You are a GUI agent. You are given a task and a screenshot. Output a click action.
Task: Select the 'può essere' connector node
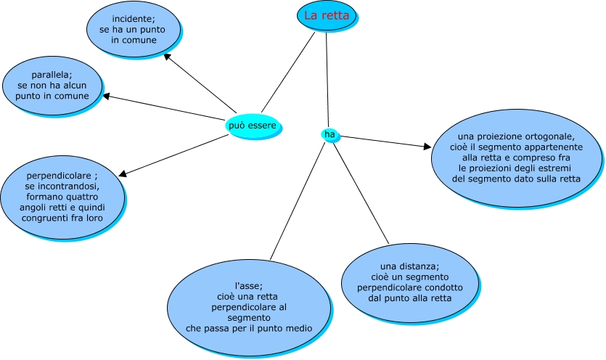tap(252, 126)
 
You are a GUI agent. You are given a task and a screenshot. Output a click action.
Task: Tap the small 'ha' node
tap(329, 134)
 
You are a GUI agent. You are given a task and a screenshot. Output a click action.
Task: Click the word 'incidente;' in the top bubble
tap(134, 18)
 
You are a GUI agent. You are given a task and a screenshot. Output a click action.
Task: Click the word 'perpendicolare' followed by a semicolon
tap(59, 176)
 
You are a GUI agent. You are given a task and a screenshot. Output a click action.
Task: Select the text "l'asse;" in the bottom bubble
tap(249, 285)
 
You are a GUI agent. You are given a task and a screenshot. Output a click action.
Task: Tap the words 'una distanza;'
tap(410, 266)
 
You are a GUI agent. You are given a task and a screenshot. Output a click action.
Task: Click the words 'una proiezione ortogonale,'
tap(517, 136)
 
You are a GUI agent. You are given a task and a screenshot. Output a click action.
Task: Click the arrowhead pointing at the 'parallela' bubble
tap(107, 96)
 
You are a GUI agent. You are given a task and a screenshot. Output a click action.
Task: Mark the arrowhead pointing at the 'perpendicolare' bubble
tap(123, 173)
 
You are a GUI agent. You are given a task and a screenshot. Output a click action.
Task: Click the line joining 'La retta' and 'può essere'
tap(287, 73)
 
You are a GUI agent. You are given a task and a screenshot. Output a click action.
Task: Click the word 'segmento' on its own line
tap(249, 318)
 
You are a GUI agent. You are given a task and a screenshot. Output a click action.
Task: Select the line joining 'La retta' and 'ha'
tap(327, 80)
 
